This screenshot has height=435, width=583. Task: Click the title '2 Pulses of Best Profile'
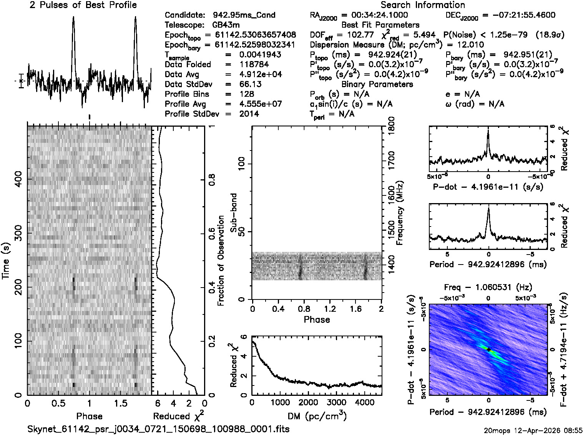click(83, 5)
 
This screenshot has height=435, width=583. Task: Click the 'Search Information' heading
click(423, 5)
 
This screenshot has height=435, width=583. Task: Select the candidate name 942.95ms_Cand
click(244, 15)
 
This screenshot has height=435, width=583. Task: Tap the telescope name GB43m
click(226, 25)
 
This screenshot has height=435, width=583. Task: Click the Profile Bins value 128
click(246, 94)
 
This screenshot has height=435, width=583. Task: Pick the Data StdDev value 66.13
click(250, 84)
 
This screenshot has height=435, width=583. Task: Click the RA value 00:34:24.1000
click(380, 15)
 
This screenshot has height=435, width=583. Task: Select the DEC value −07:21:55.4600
click(518, 15)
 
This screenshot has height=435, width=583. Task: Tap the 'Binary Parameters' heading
click(377, 84)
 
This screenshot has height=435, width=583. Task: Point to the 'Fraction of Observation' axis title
click(221, 261)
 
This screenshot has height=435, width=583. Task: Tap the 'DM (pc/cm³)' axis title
click(317, 416)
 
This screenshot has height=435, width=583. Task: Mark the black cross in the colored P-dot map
click(488, 349)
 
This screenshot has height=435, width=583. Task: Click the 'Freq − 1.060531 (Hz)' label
click(488, 287)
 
